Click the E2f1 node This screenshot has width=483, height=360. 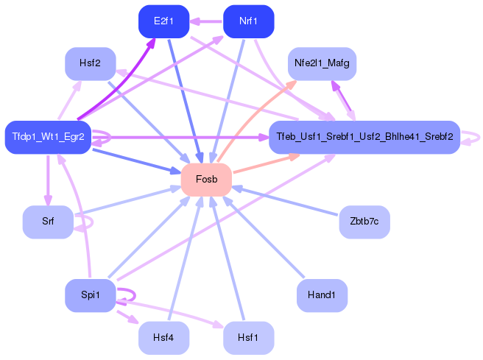coord(163,21)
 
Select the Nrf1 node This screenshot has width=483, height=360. coord(248,21)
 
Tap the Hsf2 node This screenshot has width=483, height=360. coord(91,63)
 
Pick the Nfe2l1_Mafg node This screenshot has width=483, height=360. coord(322,63)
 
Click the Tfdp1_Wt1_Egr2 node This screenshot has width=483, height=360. coord(48,137)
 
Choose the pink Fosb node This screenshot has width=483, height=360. coord(206,179)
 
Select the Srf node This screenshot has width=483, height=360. coord(48,222)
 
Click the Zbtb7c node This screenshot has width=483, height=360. coord(364,222)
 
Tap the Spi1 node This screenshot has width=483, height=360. coord(91,295)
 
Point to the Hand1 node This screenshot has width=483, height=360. coord(322,295)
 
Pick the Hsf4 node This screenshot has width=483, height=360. coord(163,338)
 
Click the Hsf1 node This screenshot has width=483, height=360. coord(248,338)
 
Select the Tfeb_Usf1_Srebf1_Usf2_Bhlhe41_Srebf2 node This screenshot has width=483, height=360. coord(364,137)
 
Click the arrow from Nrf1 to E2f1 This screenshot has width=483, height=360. coord(205,21)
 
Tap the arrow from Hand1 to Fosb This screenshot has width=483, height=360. coord(264,237)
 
